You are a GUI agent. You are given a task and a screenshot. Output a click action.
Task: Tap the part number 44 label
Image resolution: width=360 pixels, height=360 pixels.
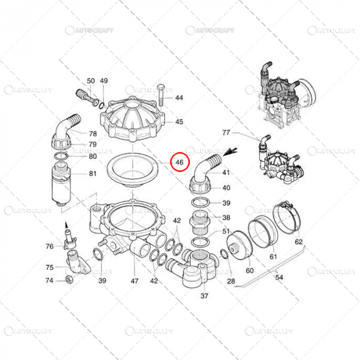coord(179,98)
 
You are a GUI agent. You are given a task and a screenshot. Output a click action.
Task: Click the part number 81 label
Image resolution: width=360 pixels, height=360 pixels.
coord(93,174)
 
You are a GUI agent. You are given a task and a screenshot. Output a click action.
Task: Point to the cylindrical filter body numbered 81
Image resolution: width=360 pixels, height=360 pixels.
coord(61,183)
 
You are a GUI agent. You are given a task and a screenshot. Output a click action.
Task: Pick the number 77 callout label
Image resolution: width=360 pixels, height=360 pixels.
coord(226,133)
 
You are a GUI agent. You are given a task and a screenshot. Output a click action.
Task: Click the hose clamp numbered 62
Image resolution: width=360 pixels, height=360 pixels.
coord(286,217)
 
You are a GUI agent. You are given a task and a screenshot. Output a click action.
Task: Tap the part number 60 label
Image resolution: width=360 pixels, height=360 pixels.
coord(249,271)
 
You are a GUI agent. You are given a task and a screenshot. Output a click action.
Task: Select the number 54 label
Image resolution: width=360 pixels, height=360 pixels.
coord(279,277)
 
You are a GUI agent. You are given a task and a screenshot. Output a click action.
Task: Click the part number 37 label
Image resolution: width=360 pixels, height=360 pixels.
coord(204,296)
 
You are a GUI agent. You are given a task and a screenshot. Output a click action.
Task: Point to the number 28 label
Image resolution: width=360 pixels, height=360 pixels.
coord(231,281)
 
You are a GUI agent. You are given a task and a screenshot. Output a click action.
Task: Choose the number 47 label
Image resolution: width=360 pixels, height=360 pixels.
coord(135,281)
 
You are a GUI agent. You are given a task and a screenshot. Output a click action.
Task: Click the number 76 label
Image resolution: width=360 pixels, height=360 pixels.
coord(49,246)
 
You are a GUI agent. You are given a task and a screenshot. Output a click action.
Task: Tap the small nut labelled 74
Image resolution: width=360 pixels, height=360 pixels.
coord(68,279)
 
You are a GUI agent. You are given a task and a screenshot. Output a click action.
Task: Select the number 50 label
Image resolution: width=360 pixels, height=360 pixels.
coord(91,81)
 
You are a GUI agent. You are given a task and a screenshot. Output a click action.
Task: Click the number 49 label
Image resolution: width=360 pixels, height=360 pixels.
coord(104,81)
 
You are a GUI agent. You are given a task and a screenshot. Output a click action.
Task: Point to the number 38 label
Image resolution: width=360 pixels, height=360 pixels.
coord(226,218)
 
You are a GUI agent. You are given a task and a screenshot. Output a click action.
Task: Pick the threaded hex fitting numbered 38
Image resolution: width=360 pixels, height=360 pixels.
coord(200,222)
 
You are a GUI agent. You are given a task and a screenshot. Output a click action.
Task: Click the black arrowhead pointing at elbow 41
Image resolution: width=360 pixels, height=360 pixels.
coord(230,152)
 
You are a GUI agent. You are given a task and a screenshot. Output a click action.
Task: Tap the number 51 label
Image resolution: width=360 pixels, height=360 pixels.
coord(226,231)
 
